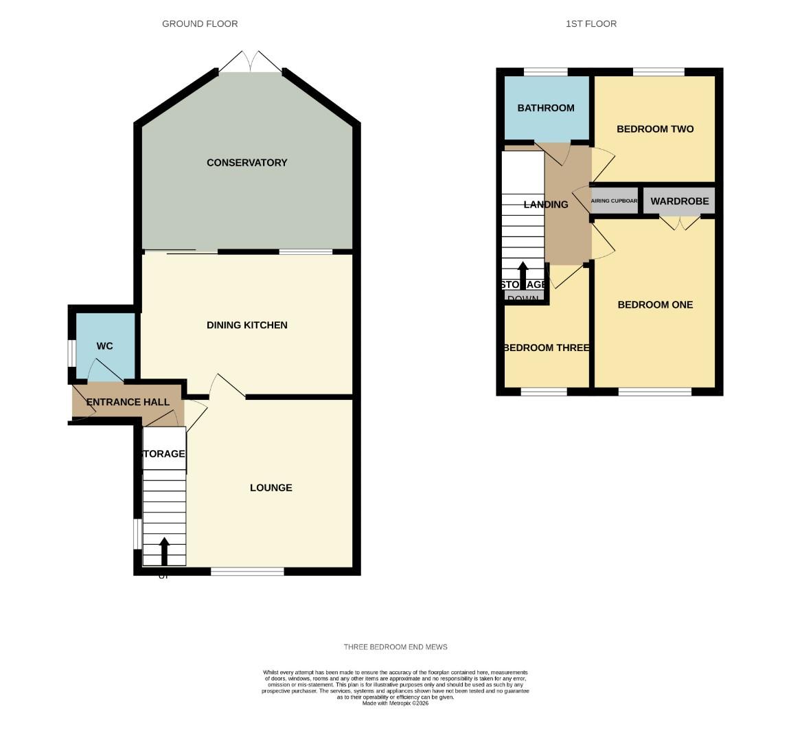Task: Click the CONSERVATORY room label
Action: pos(247,163)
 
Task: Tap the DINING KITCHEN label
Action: pos(247,325)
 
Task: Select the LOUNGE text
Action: pos(271,488)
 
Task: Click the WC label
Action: pos(104,346)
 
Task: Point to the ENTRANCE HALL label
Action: pos(128,402)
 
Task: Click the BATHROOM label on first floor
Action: pos(546,108)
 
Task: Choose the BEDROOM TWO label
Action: pos(654,129)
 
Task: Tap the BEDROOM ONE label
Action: pos(654,305)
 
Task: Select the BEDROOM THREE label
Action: pos(547,348)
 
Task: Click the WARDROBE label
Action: pos(679,201)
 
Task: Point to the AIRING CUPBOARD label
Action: pos(615,201)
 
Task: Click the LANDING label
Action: pos(546,205)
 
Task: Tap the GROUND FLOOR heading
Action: pos(200,24)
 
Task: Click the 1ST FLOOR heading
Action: pos(591,24)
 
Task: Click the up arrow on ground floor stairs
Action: pos(164,550)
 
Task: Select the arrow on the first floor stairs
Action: pos(523,273)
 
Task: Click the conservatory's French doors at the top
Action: pos(251,62)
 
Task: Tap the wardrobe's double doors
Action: pos(680,223)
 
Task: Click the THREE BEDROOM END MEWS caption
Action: pos(395,647)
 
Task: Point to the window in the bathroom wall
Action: pos(546,71)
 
